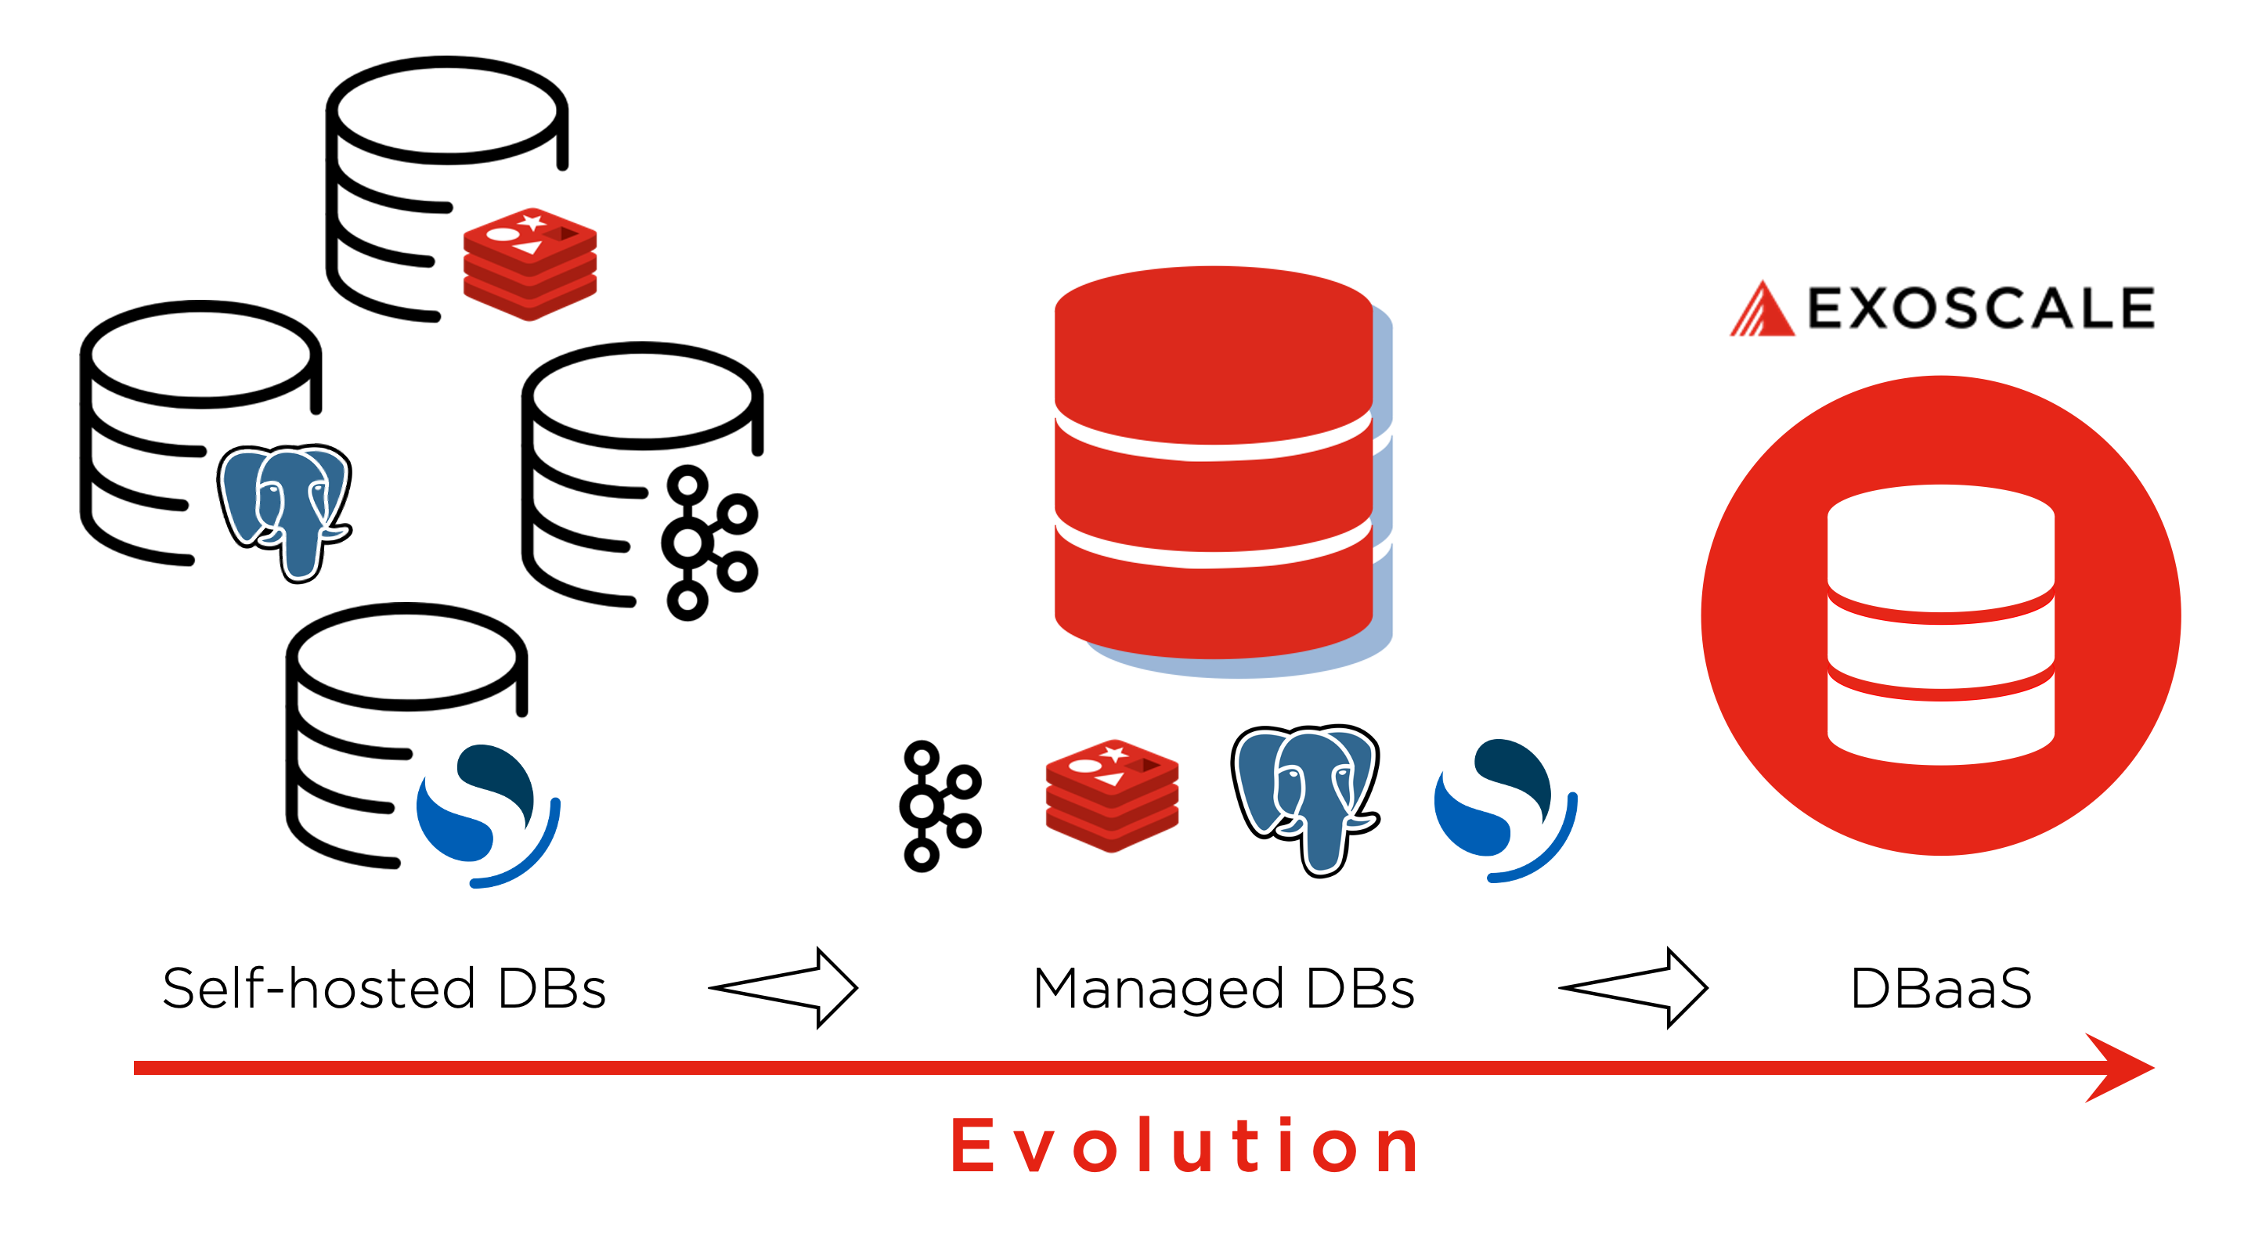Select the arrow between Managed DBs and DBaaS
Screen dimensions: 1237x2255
point(1634,987)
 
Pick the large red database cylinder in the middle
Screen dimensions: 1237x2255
point(1214,464)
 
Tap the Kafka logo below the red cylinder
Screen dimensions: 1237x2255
point(939,806)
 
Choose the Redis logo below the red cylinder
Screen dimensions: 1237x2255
point(1112,795)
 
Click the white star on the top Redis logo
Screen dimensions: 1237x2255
point(532,222)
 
